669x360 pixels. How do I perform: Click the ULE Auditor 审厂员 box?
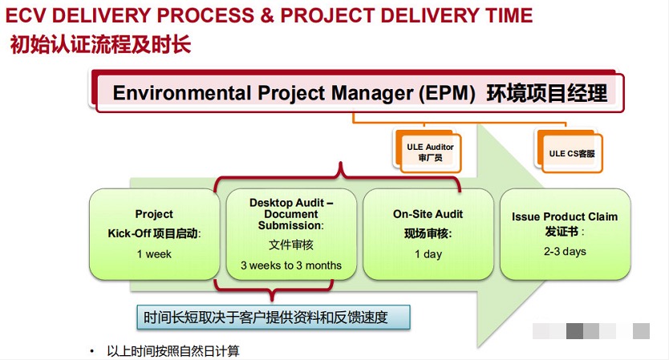pos(428,151)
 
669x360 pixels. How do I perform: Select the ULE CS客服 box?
pos(570,152)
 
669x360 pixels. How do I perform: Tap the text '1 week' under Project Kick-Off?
pos(154,254)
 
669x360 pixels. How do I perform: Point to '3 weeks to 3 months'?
pos(291,265)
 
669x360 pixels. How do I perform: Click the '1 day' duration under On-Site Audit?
pos(428,254)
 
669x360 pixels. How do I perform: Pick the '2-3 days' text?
pos(565,251)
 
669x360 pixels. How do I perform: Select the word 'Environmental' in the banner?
pos(182,92)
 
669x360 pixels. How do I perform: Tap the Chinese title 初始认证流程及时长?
pos(100,44)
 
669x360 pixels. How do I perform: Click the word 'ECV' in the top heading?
pos(25,16)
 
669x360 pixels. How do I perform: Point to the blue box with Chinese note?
pos(274,318)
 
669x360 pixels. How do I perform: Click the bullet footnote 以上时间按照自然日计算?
pos(173,351)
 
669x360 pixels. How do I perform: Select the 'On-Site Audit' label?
pos(428,214)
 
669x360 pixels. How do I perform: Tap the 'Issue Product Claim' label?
pos(565,216)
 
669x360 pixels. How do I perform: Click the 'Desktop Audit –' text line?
pos(291,203)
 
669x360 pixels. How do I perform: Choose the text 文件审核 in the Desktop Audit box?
pos(291,245)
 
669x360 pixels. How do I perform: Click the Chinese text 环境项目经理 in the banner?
pos(547,93)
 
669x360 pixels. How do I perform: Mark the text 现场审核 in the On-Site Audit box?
pos(426,234)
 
